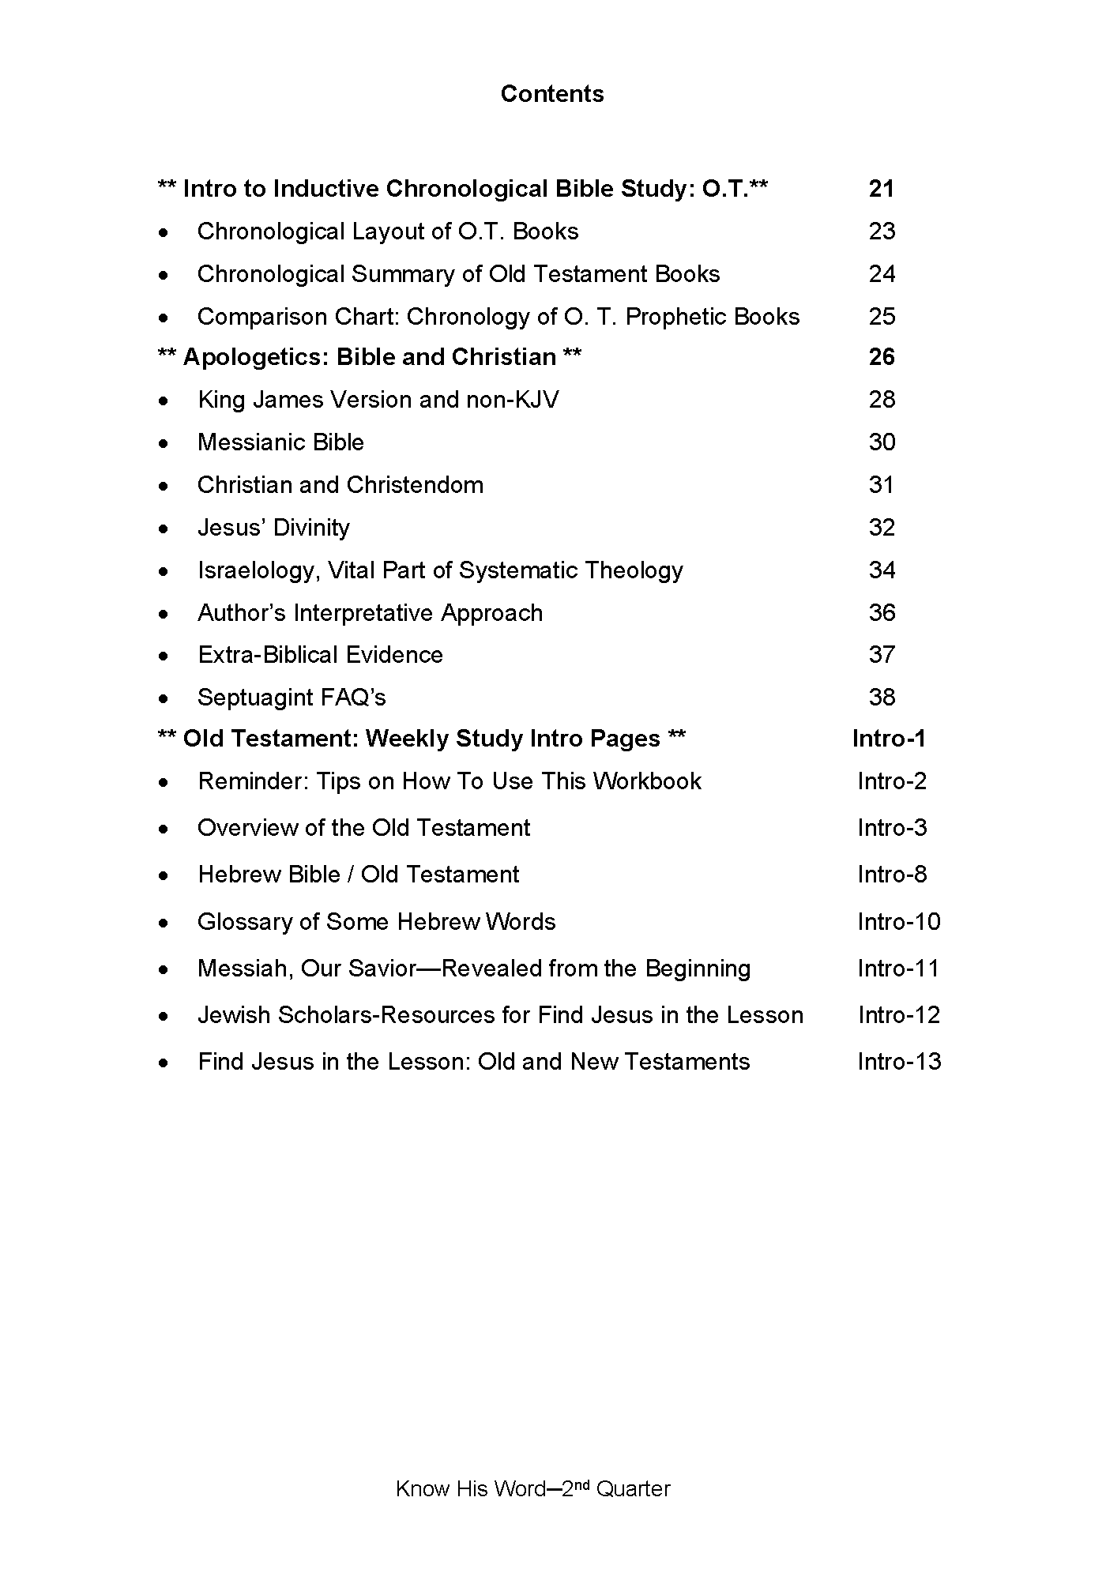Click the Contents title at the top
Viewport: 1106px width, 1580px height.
pyautogui.click(x=552, y=94)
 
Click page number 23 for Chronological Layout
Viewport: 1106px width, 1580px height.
pyautogui.click(x=882, y=231)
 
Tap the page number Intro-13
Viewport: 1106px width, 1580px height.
pyautogui.click(x=899, y=1062)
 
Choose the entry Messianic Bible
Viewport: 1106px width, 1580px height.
pyautogui.click(x=280, y=442)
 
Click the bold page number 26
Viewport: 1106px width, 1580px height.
pyautogui.click(x=882, y=357)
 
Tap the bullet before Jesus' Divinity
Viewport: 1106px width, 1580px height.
pyautogui.click(x=163, y=529)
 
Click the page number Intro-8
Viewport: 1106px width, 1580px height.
pyautogui.click(x=892, y=875)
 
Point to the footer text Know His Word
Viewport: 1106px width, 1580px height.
pyautogui.click(x=470, y=1490)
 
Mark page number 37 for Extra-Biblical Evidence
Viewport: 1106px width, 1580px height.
pyautogui.click(x=882, y=655)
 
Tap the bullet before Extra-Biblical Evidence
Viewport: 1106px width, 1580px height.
pyautogui.click(x=163, y=656)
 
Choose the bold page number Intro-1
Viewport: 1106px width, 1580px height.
pyautogui.click(x=889, y=739)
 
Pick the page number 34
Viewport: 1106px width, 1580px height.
pyautogui.click(x=882, y=570)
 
